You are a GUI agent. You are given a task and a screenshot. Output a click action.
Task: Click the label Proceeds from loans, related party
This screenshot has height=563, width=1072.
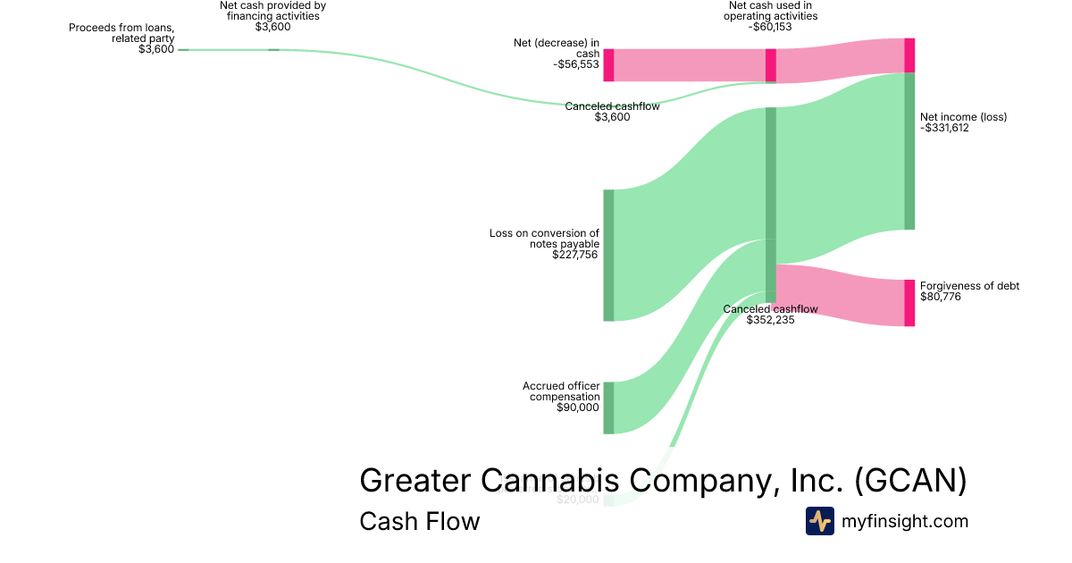121,33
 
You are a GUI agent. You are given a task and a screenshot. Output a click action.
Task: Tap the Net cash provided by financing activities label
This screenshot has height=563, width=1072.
272,11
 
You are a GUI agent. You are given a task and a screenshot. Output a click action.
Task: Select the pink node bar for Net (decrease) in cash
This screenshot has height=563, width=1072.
608,65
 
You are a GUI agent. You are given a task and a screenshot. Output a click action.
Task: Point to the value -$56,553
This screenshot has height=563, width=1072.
576,65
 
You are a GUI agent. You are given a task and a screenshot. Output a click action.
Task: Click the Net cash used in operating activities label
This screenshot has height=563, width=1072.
770,11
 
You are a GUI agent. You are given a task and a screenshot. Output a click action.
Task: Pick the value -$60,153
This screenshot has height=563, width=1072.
770,27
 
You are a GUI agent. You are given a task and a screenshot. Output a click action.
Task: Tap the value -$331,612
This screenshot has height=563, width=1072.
944,128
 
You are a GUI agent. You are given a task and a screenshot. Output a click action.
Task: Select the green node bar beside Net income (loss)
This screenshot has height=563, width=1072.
909,151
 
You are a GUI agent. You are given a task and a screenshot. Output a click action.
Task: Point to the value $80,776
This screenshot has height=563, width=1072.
940,297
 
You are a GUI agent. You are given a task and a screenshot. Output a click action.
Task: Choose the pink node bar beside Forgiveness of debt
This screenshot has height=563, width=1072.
909,303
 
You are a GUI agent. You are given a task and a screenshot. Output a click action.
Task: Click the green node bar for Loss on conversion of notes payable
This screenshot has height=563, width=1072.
608,255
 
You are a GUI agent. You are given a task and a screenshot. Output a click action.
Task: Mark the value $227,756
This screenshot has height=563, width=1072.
575,255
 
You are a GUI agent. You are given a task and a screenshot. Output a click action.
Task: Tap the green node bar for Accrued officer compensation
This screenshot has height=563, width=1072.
608,408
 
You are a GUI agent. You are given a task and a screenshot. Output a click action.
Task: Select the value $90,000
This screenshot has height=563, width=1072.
577,408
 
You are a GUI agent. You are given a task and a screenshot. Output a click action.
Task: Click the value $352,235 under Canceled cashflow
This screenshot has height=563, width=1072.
770,320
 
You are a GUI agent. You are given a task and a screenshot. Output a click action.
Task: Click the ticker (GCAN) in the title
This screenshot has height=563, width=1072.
910,481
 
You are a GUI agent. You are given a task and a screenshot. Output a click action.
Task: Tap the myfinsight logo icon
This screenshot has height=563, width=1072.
819,521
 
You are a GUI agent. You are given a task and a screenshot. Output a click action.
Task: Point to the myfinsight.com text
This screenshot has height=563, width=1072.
904,521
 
